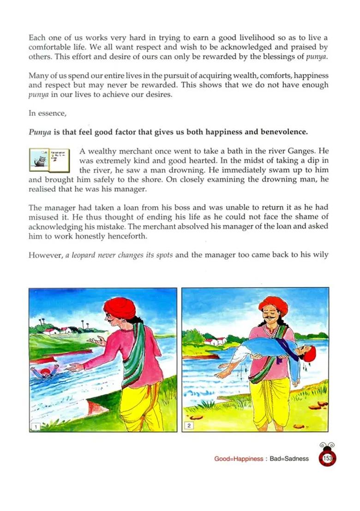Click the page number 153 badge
(x=328, y=458)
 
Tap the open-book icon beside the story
(x=48, y=159)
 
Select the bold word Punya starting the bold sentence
(x=39, y=131)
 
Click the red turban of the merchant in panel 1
(x=120, y=308)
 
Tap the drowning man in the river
(x=45, y=371)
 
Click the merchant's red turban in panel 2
(x=273, y=306)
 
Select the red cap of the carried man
(x=310, y=354)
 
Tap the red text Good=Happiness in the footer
(x=238, y=459)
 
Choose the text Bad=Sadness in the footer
(x=290, y=459)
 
